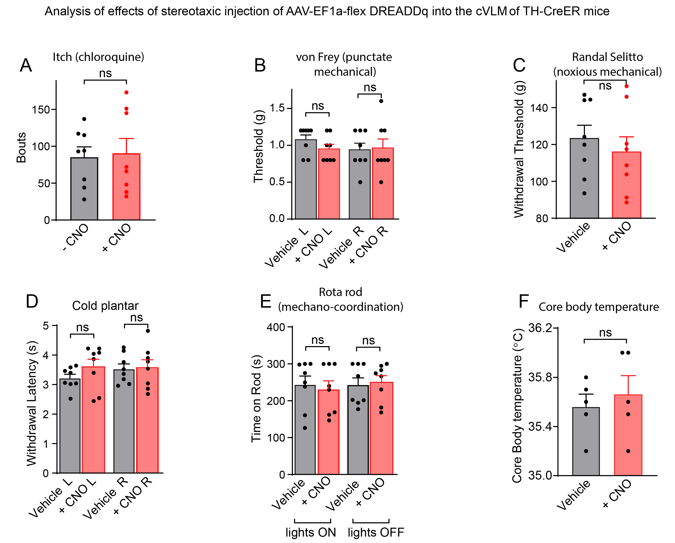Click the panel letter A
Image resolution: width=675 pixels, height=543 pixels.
pos(26,65)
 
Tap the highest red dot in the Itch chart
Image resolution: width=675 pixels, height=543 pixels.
pos(126,92)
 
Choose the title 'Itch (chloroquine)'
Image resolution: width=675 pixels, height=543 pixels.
pos(98,57)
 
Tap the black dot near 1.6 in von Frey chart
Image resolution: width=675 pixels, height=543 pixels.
pos(381,101)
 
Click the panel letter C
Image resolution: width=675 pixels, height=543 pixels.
pos(519,65)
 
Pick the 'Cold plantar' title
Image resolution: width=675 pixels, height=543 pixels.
pos(105,306)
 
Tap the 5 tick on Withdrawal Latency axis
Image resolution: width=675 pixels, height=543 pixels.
pos(46,326)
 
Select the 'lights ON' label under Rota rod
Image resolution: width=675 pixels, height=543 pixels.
pos(310,532)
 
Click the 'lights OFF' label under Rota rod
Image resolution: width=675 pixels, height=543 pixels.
pos(376,532)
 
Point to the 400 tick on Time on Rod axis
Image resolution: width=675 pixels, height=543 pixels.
pos(276,327)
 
